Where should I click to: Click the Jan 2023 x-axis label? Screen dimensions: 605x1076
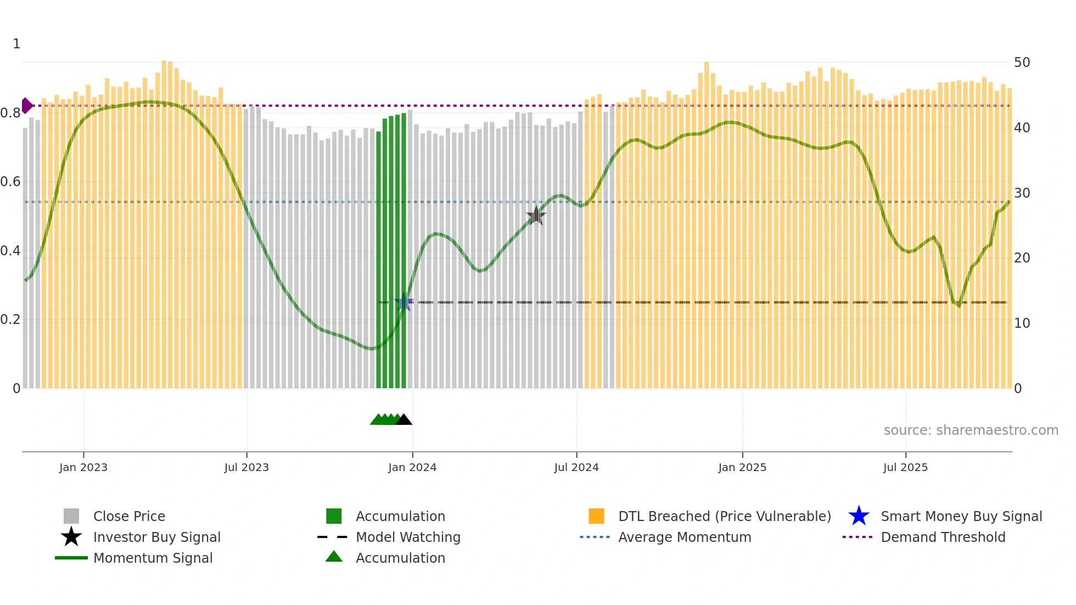(83, 467)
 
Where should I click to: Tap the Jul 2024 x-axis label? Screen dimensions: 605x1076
(576, 467)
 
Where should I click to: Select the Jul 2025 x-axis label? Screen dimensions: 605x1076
(905, 467)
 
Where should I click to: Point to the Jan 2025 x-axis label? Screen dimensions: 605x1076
(742, 467)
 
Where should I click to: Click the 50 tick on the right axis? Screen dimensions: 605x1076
(1022, 63)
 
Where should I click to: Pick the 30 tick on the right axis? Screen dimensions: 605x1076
(1022, 193)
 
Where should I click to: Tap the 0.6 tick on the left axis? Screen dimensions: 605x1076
(10, 182)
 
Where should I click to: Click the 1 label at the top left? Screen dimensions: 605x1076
(16, 44)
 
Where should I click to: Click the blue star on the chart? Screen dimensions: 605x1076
(404, 302)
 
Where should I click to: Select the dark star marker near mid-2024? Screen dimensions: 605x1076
(536, 216)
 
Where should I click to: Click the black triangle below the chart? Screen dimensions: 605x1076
(403, 420)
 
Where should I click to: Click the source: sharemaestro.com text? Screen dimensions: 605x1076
(971, 430)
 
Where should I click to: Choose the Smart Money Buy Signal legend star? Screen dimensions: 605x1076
(859, 516)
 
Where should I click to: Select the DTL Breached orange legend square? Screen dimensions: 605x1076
(596, 516)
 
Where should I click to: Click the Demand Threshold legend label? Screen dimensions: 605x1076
(943, 537)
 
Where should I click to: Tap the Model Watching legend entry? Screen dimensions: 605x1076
(408, 537)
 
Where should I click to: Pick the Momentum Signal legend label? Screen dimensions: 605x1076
(153, 558)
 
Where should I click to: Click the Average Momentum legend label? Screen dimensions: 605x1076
(685, 537)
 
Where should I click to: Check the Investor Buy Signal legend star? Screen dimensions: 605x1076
(71, 537)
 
